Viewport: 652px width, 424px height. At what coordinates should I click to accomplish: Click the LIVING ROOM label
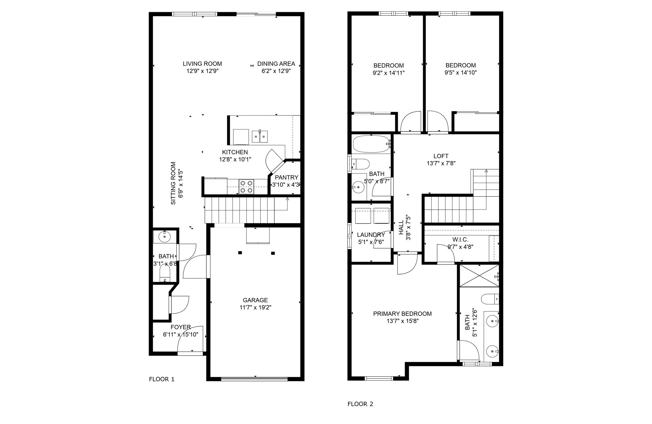pos(202,64)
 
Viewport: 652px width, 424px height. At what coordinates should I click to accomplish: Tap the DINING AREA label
pos(276,64)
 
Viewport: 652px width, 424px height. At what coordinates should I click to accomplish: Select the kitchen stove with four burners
pos(247,186)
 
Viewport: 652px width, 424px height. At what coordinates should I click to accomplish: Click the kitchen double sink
pos(260,136)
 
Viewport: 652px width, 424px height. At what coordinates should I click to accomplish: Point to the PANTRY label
pos(287,178)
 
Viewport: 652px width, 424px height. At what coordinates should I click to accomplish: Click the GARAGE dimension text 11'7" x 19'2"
pos(255,308)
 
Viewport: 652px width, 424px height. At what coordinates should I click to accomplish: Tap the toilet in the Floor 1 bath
pos(165,273)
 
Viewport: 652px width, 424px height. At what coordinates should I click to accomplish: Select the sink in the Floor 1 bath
pos(164,237)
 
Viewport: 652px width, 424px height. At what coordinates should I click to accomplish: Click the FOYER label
pos(181,327)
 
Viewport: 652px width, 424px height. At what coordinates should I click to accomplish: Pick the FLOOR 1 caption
pos(162,379)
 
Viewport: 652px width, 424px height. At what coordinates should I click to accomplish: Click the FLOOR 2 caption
pos(360,404)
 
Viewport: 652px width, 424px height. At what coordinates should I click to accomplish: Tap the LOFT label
pos(441,156)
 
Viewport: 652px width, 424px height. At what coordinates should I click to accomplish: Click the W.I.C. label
pos(460,239)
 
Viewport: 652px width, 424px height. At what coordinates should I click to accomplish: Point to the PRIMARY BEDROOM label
pos(402,314)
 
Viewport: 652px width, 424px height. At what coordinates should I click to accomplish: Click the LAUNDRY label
pos(371,235)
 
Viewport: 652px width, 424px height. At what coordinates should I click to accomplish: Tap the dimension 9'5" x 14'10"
pos(461,73)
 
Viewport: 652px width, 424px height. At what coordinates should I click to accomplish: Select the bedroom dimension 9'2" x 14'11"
pos(389,73)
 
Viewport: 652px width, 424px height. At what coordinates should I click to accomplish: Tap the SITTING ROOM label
pos(173,183)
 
